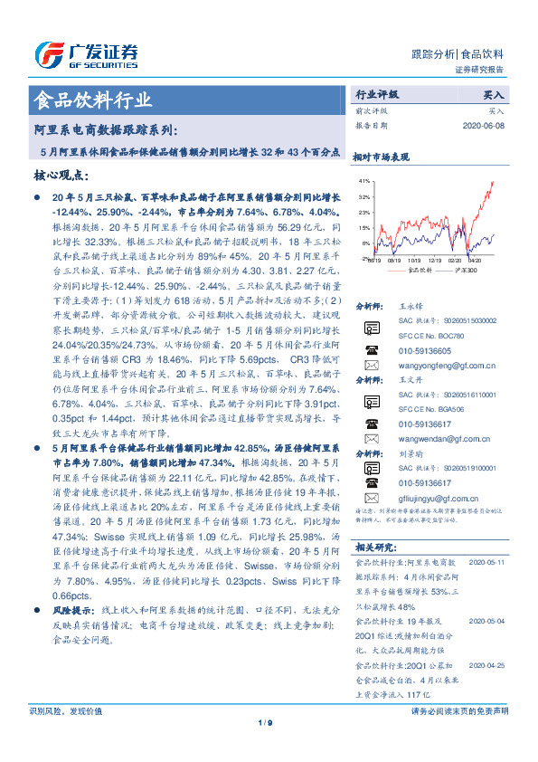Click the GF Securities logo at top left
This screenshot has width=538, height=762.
point(86,52)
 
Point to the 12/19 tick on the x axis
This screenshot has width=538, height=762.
point(433,259)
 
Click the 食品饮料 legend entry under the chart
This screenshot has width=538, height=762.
point(406,269)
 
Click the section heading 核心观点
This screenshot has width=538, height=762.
point(61,176)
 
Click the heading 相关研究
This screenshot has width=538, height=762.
point(373,572)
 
